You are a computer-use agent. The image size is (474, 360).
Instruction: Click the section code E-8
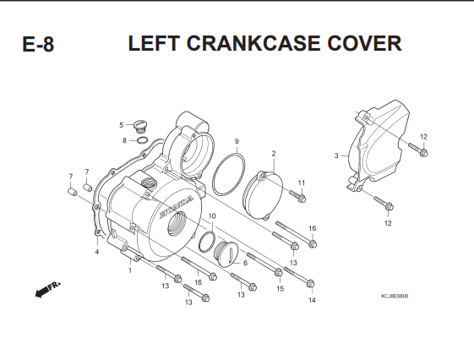coord(38,44)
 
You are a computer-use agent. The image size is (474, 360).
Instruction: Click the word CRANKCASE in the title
coord(253,43)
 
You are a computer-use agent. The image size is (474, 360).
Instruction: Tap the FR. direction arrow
coord(48,289)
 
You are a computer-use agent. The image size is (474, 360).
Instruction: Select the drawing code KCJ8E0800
coord(395,296)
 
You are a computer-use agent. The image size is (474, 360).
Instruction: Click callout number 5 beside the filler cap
coord(121,125)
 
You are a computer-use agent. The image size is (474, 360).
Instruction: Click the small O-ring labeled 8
coord(143,140)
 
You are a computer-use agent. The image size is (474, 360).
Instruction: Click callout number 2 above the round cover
coord(274,154)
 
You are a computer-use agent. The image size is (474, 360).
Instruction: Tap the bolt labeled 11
coord(298,196)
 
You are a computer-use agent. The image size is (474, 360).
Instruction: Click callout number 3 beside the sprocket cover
coord(336,155)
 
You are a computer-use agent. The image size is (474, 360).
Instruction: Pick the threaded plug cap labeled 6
coord(226,254)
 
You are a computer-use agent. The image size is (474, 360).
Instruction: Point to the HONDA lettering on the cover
coord(177,206)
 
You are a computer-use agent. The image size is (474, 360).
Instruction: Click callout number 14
coord(312,300)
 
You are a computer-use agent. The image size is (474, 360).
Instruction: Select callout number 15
coord(281,289)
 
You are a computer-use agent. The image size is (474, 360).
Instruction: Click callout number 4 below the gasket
coord(97,252)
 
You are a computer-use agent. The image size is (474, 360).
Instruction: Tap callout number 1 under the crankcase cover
coord(130,270)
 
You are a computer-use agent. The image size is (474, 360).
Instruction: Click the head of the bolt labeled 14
coord(311,284)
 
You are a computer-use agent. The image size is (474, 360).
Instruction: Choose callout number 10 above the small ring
coord(212,216)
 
